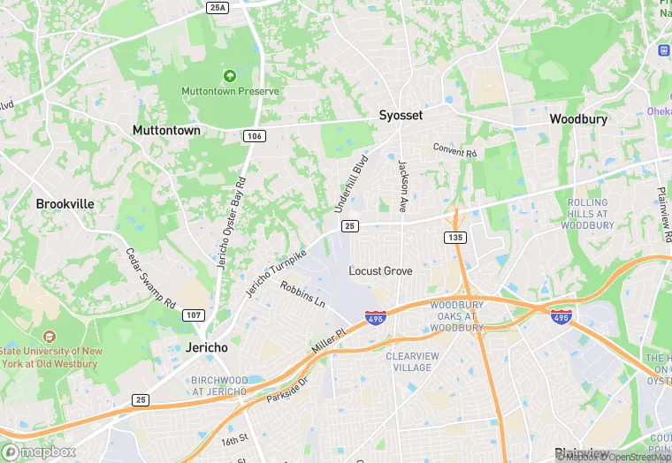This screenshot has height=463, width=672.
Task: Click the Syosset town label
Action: (401, 116)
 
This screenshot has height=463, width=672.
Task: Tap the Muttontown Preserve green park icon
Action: (230, 76)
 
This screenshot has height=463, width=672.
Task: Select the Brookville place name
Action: (65, 203)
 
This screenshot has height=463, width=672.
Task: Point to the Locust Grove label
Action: (380, 270)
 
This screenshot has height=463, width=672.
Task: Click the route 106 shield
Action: (254, 136)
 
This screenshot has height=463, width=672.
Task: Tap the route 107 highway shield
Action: (194, 315)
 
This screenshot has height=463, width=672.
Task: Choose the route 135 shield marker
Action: (455, 238)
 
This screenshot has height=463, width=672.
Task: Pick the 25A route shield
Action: (218, 7)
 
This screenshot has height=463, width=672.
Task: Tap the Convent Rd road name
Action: (455, 150)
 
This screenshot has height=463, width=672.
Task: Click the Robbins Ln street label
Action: (303, 294)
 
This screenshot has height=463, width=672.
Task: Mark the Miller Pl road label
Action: (326, 340)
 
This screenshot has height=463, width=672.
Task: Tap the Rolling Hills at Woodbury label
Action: (587, 214)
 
